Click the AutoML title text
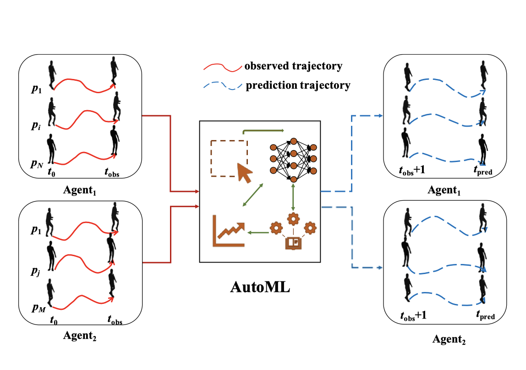260,288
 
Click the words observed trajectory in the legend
293,66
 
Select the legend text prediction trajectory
298,85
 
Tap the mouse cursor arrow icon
243,172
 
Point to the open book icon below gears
293,242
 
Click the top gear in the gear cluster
293,218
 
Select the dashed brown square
229,158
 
